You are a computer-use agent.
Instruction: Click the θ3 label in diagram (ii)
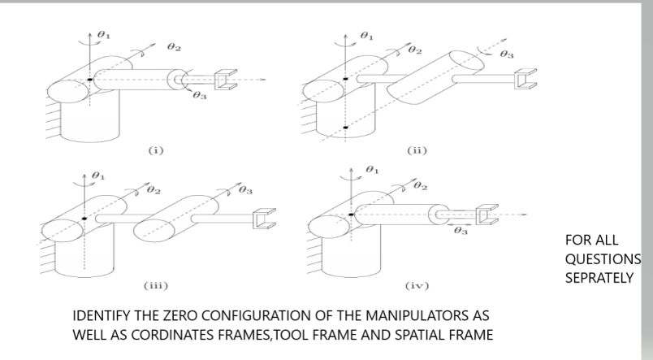(507, 54)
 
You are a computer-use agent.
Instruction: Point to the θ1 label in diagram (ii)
(367, 36)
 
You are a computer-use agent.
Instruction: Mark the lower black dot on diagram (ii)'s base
(345, 128)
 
